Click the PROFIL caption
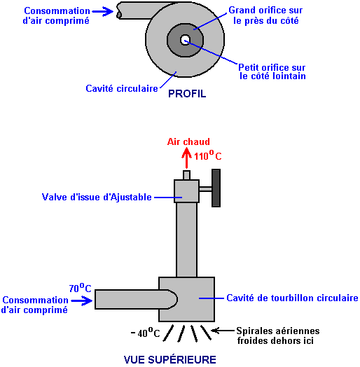(x=187, y=94)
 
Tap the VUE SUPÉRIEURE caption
(x=170, y=359)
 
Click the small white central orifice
(x=185, y=40)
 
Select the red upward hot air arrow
(x=186, y=158)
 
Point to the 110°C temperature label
(x=208, y=155)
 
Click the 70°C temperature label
(x=80, y=288)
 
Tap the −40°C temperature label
(x=146, y=333)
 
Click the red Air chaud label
(x=188, y=141)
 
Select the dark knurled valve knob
(x=216, y=188)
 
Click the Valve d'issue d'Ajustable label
(x=97, y=197)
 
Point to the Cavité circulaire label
(x=122, y=88)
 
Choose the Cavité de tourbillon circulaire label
(x=292, y=298)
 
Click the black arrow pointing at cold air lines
(x=223, y=331)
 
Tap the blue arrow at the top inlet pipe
(x=103, y=11)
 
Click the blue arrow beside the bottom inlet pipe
(x=82, y=300)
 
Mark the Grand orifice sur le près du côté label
(x=265, y=15)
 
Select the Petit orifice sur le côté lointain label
(x=272, y=71)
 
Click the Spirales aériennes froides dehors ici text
(x=278, y=335)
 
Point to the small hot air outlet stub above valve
(x=186, y=175)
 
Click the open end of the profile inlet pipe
(x=118, y=11)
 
